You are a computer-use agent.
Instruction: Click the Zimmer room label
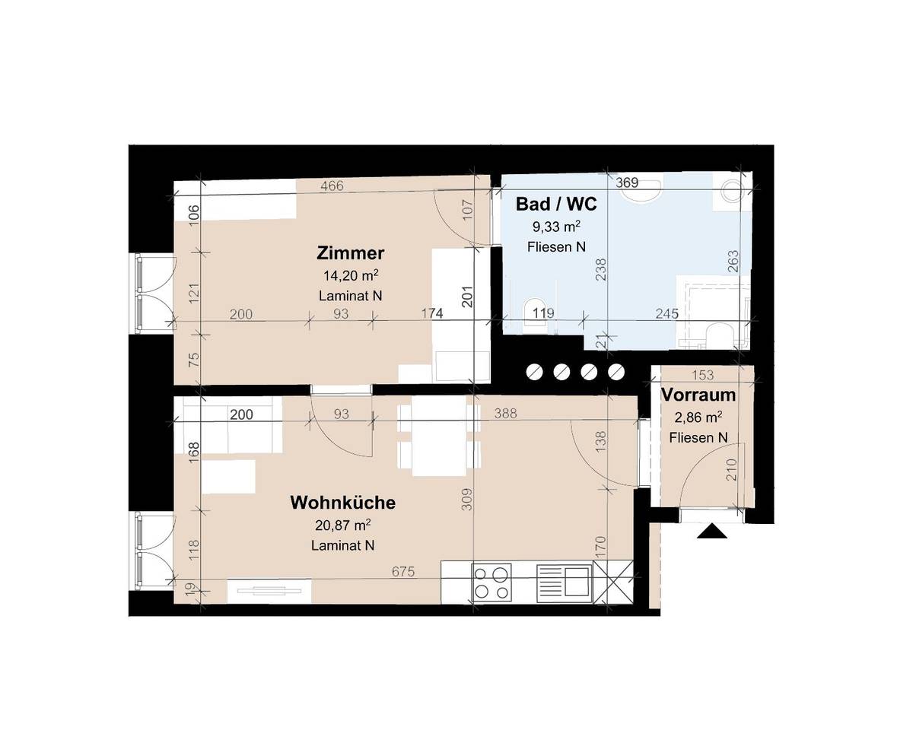(x=350, y=253)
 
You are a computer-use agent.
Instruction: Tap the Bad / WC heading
(x=556, y=204)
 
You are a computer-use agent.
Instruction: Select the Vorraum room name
(x=698, y=395)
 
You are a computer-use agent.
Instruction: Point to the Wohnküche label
(x=342, y=503)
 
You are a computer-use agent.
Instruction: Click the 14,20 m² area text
(x=351, y=275)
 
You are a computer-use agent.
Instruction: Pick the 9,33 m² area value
(x=556, y=226)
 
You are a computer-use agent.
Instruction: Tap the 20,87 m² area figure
(x=342, y=525)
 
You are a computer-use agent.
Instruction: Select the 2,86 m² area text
(x=698, y=417)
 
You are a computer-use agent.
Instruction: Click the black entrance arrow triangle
(x=711, y=531)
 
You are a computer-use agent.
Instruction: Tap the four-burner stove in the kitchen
(x=491, y=583)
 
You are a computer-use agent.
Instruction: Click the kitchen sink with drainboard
(x=564, y=583)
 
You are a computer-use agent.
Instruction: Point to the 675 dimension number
(x=403, y=572)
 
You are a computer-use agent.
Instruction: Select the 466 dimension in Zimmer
(x=332, y=186)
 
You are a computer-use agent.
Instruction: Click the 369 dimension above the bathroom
(x=627, y=183)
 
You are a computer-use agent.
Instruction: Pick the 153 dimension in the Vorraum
(x=702, y=375)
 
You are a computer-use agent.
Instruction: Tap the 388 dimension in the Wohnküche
(x=505, y=413)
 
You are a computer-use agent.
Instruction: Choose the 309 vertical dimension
(x=466, y=499)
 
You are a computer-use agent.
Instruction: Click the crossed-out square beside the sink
(x=613, y=582)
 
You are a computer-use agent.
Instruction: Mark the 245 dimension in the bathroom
(x=666, y=313)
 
